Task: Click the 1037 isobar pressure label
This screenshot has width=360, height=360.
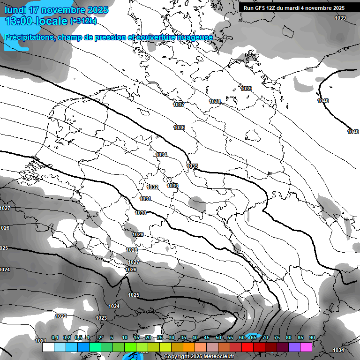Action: coord(179,105)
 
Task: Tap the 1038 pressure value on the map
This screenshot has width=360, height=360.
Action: coord(215,101)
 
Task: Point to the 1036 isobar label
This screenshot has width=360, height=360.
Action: coord(179,127)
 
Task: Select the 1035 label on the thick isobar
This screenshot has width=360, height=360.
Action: coord(192,166)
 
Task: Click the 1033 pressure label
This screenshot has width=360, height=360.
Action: coord(172,186)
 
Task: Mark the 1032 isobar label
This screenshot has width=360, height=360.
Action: coord(152,187)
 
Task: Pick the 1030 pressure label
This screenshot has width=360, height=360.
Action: coord(141,213)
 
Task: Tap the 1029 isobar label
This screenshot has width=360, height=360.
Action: coord(138,234)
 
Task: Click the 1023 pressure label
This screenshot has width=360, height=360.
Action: coord(101,318)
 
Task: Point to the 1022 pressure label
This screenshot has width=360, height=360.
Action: coord(61,316)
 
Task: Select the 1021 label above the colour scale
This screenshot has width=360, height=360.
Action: coord(41,340)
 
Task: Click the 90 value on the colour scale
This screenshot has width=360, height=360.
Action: coord(312,337)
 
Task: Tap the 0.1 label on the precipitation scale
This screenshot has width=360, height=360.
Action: coord(55,337)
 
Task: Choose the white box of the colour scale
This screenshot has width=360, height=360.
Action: coord(48,347)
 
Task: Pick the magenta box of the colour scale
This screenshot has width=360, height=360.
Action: coord(306,347)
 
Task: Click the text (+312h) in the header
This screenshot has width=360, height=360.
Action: coord(83,21)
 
